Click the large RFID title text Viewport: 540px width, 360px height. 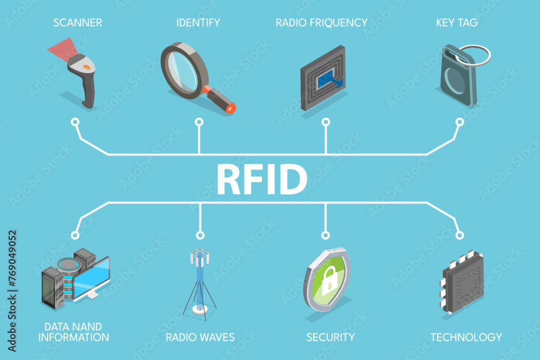pyautogui.click(x=262, y=180)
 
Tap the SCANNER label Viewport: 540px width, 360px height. pyautogui.click(x=77, y=23)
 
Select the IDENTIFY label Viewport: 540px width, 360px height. pyautogui.click(x=198, y=23)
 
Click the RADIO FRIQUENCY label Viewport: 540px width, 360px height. pyautogui.click(x=321, y=23)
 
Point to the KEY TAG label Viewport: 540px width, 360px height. pyautogui.click(x=457, y=23)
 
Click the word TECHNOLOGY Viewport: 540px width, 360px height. pyautogui.click(x=466, y=337)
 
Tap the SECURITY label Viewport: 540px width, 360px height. pyautogui.click(x=330, y=337)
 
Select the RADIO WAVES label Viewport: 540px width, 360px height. pyautogui.click(x=200, y=337)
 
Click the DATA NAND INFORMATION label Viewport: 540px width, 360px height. pyautogui.click(x=76, y=332)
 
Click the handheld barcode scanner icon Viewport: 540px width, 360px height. pyautogui.click(x=84, y=78)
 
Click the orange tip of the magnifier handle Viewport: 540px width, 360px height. pyautogui.click(x=231, y=108)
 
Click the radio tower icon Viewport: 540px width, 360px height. pyautogui.click(x=200, y=281)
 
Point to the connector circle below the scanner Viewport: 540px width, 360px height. pyautogui.click(x=75, y=121)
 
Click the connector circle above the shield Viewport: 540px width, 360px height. pyautogui.click(x=325, y=235)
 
